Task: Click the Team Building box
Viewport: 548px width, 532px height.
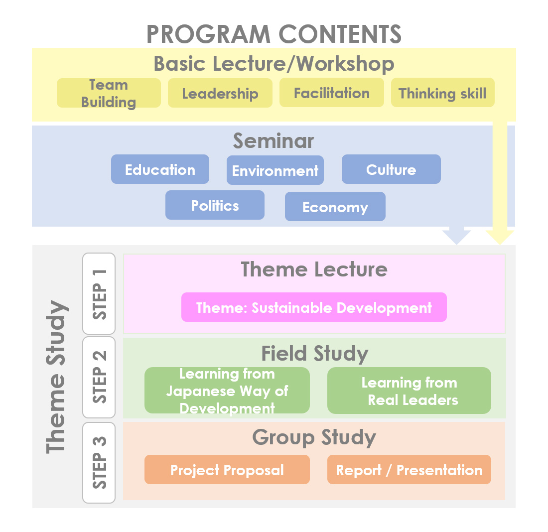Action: [109, 93]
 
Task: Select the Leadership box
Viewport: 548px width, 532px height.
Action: [220, 93]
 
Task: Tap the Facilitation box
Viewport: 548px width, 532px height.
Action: [332, 93]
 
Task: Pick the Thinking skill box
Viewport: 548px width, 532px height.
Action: [443, 93]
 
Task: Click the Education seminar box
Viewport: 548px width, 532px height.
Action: [160, 169]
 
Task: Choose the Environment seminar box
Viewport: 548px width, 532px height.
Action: [275, 170]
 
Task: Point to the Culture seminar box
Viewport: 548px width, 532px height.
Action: [391, 169]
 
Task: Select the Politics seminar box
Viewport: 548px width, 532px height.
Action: [215, 205]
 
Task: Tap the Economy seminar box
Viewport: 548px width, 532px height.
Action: [335, 207]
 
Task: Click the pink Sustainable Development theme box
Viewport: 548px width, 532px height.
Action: [314, 307]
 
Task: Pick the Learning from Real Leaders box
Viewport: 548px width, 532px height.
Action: [409, 391]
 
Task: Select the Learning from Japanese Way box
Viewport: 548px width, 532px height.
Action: [227, 391]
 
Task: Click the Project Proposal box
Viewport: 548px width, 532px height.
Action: [227, 470]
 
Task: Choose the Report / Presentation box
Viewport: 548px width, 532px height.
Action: [409, 470]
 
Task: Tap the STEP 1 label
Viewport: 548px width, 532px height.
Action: [99, 293]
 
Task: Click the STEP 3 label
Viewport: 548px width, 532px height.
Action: [99, 463]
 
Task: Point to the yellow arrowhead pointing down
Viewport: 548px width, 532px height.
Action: [500, 238]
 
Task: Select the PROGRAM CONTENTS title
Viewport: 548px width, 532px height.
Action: [274, 34]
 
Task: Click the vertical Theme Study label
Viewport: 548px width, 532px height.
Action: [56, 377]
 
